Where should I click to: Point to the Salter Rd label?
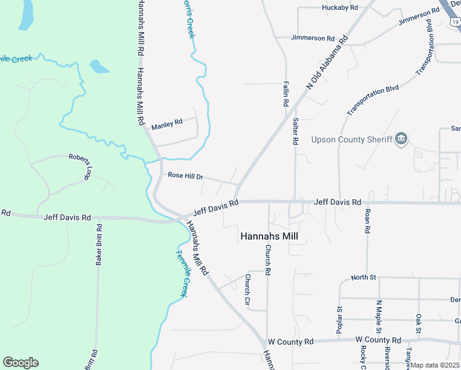click(x=296, y=131)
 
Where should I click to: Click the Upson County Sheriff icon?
click(x=401, y=139)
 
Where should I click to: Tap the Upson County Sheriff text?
click(x=352, y=140)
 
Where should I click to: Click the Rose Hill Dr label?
click(x=186, y=176)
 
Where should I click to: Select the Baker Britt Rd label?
click(x=99, y=245)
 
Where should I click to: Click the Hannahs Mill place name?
click(x=273, y=236)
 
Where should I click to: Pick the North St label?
click(x=363, y=277)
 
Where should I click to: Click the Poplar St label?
click(x=340, y=321)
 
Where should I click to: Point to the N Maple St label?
click(x=378, y=316)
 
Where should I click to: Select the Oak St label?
click(x=418, y=324)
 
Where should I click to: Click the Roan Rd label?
click(x=367, y=221)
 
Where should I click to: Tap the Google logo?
click(x=20, y=363)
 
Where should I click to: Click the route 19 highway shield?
click(x=455, y=22)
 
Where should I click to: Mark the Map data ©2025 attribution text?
click(x=435, y=365)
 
